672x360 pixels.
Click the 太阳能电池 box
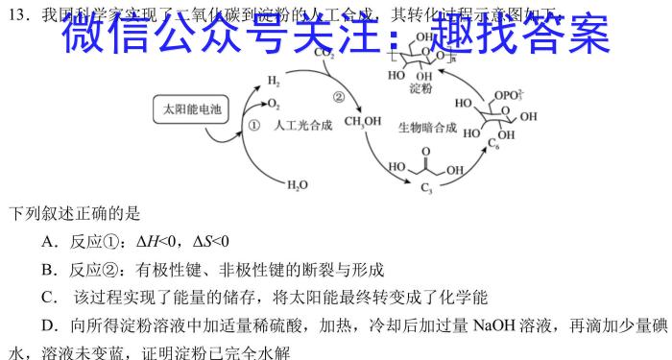(x=192, y=110)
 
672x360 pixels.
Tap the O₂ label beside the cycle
(x=275, y=103)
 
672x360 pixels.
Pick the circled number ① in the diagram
(x=254, y=125)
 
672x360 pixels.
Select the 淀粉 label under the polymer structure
(x=420, y=88)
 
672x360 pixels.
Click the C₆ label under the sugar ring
(x=497, y=144)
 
